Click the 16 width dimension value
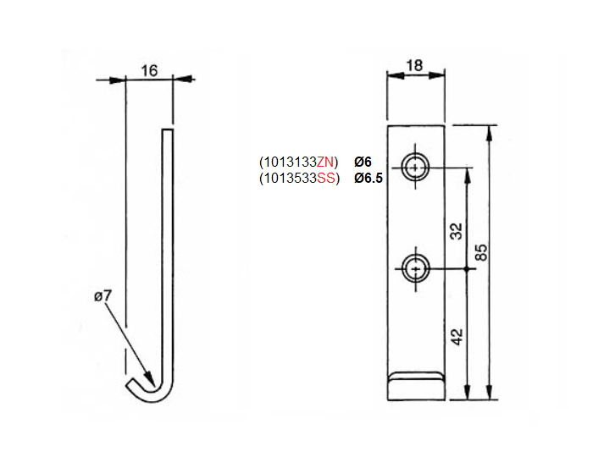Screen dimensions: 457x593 (149, 71)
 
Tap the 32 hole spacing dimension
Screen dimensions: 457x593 (456, 231)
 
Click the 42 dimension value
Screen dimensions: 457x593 (456, 337)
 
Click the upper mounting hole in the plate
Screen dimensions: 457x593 (415, 168)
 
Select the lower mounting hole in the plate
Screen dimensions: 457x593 (415, 269)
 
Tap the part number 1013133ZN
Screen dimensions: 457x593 (298, 162)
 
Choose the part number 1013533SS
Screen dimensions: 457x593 (298, 178)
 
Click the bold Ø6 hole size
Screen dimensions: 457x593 (363, 162)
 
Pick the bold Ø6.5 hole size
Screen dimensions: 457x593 (369, 178)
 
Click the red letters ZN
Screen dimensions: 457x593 (326, 162)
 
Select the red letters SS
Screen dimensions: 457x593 (326, 178)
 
